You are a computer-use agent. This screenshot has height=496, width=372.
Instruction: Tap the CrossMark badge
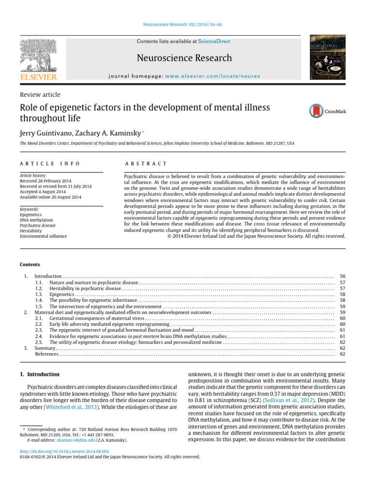click(327, 111)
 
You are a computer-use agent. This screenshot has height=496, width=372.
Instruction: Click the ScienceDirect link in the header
click(214, 42)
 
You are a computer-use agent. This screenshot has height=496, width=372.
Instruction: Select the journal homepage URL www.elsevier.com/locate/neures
click(212, 76)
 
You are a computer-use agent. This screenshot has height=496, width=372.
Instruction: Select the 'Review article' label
click(40, 94)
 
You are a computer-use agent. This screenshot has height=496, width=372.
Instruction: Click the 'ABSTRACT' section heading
click(146, 164)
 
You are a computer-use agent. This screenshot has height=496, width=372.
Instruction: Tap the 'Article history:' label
click(31, 175)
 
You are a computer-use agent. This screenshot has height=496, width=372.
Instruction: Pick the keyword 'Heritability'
click(31, 231)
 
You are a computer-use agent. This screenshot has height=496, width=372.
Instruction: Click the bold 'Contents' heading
click(30, 264)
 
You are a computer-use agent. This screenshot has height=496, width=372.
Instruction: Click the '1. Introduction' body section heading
click(40, 374)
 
